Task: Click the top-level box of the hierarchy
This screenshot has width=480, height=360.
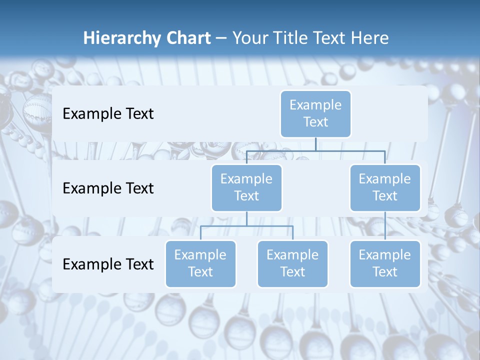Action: tap(315, 114)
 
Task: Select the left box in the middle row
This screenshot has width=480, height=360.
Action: tap(246, 188)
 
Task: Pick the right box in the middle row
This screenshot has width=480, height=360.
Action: tap(385, 188)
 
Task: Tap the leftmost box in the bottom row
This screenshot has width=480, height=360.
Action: tap(200, 264)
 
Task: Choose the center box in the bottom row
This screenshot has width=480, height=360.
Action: tap(292, 264)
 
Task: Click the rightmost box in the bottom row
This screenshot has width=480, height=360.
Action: tap(385, 264)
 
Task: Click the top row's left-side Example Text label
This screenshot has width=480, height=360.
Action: tap(108, 114)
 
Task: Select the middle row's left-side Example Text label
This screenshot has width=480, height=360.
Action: tap(108, 188)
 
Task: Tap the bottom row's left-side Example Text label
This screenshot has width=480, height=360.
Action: tap(108, 264)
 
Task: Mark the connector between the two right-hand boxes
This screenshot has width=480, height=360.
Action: tap(385, 226)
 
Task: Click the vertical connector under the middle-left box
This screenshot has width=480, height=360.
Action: tap(246, 218)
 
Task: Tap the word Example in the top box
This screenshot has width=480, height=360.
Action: tap(315, 105)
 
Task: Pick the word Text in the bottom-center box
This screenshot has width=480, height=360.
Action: tap(292, 272)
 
